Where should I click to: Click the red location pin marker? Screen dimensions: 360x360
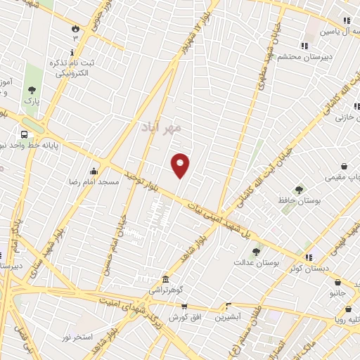[181, 165]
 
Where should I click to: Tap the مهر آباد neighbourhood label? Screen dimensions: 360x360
[166, 127]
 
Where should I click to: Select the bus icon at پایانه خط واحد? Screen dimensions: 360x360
[25, 134]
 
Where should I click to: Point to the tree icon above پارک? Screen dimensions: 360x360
[31, 90]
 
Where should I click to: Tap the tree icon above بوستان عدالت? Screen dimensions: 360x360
[256, 250]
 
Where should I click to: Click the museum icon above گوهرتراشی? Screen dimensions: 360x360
[165, 279]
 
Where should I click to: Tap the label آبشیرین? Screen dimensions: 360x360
[229, 317]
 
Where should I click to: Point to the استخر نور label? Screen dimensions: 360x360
[77, 338]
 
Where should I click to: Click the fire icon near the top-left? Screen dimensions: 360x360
[75, 29]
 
